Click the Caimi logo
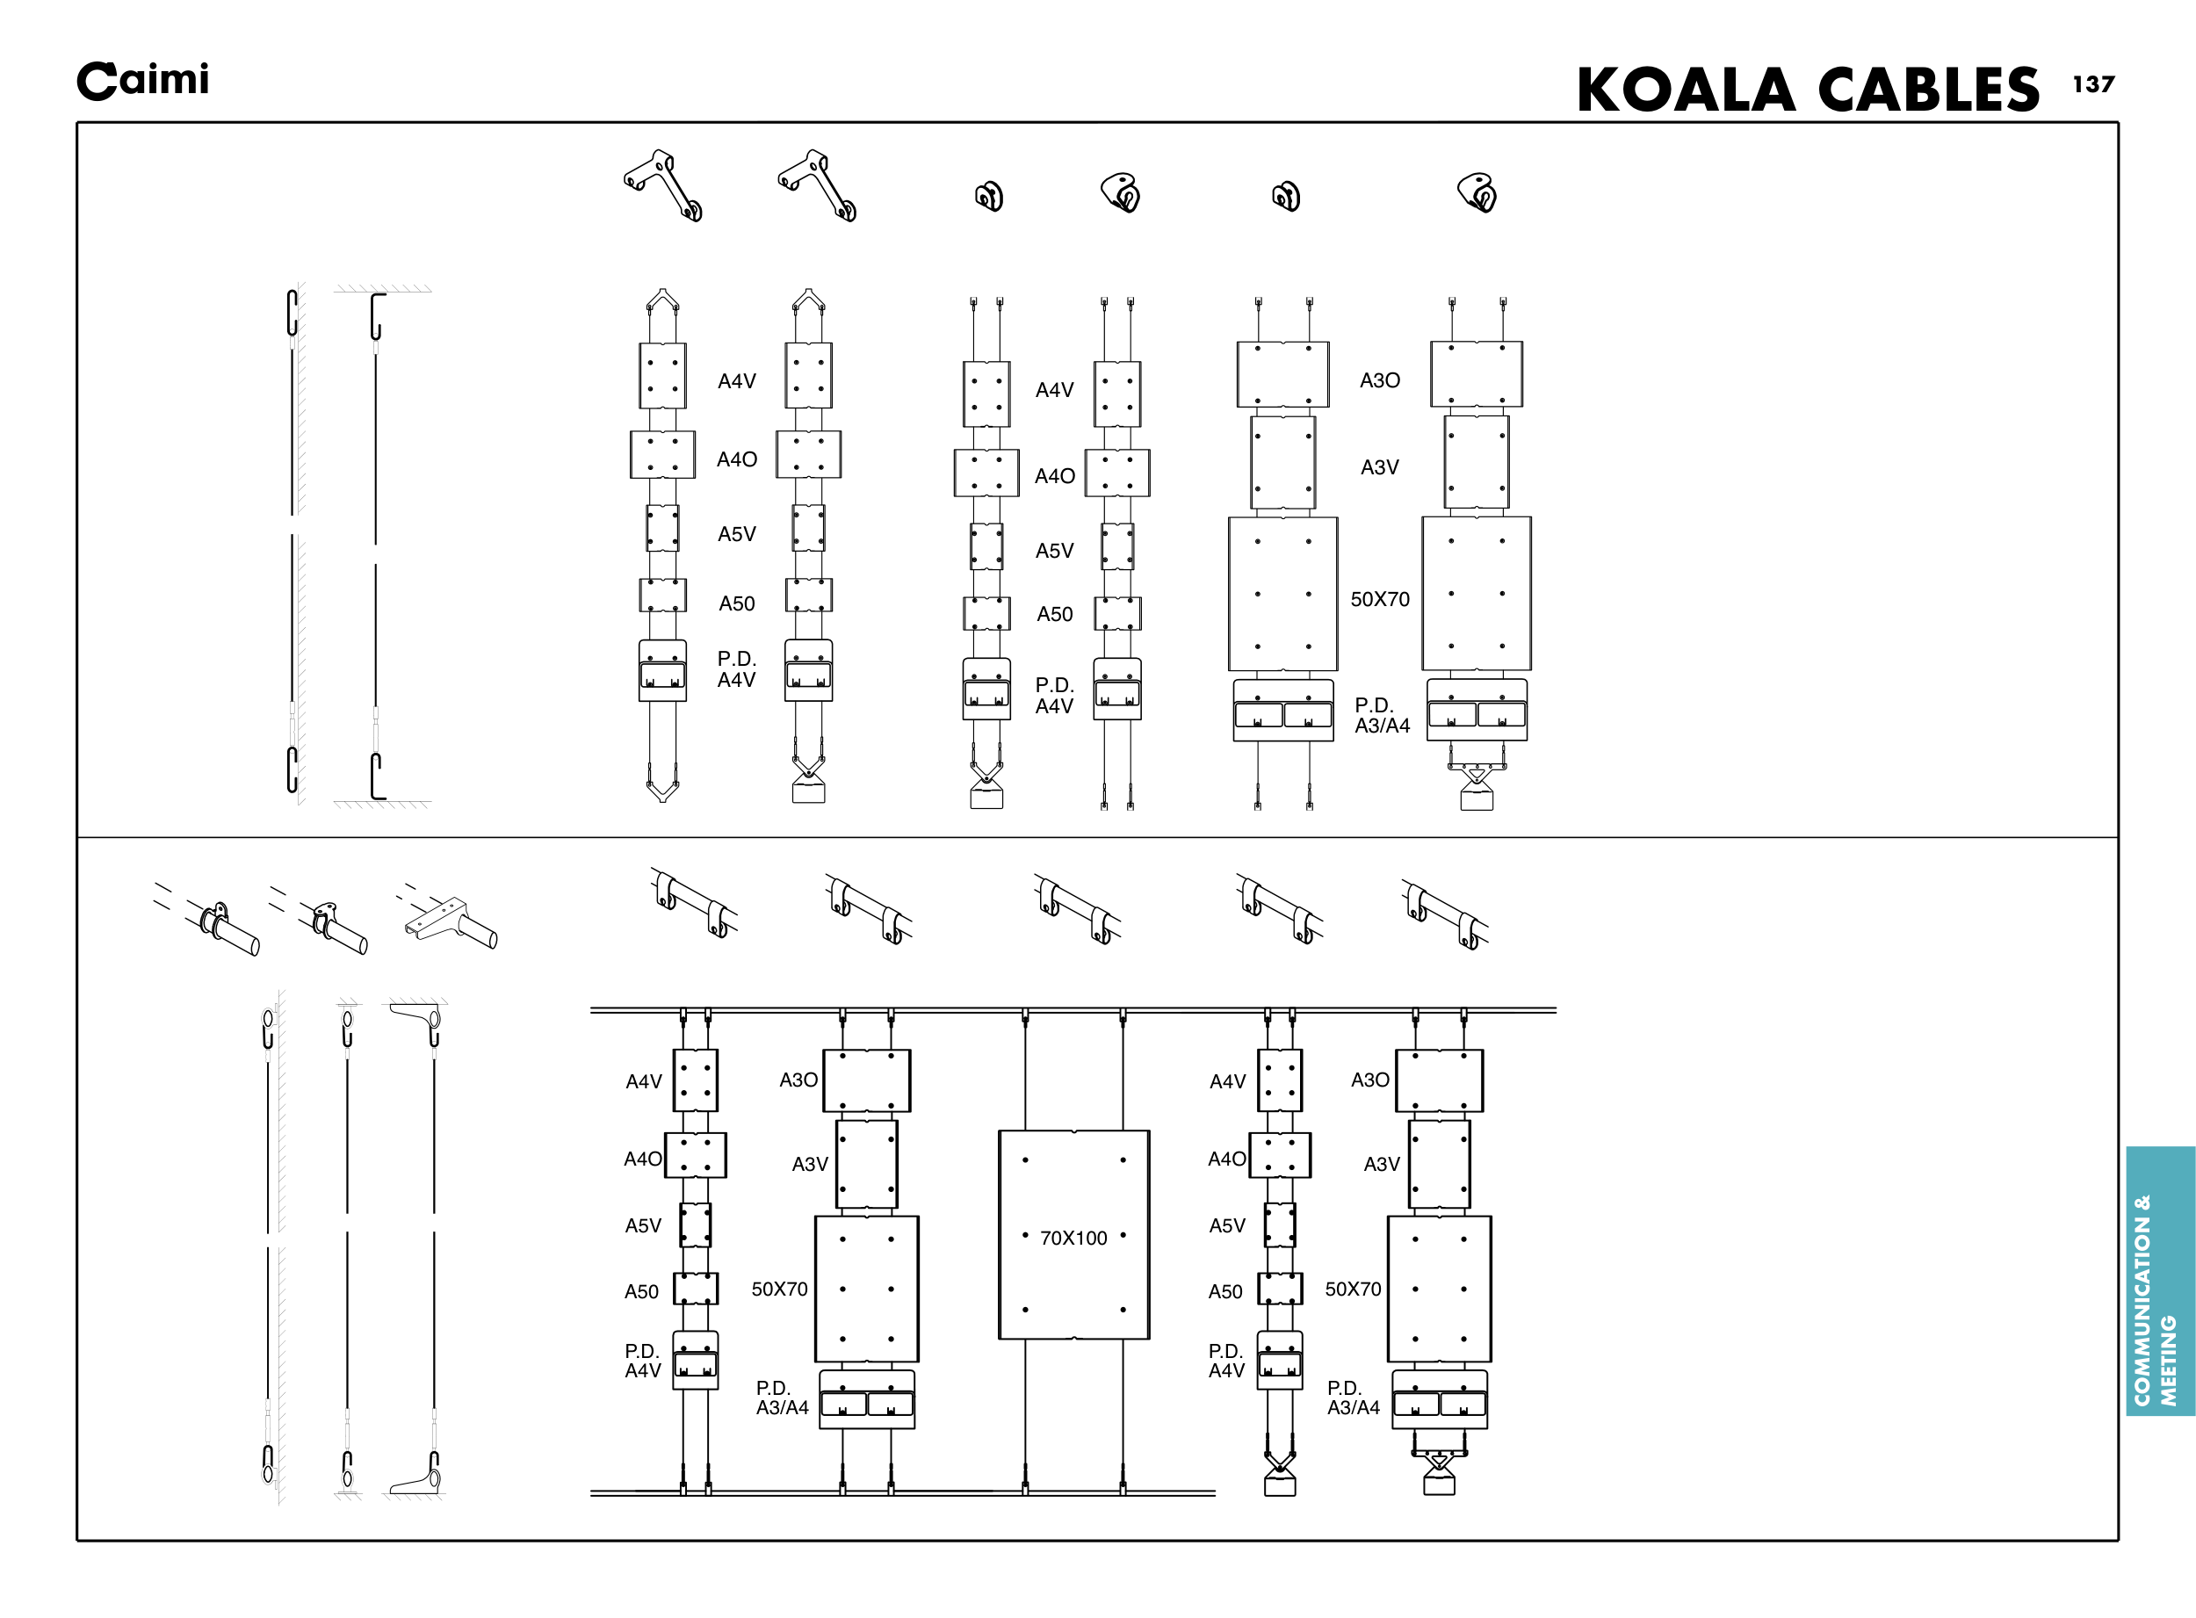click(x=143, y=80)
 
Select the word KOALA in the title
click(x=1686, y=90)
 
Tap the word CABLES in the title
click(x=1929, y=90)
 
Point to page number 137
click(x=2093, y=84)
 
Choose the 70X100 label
click(x=1073, y=1238)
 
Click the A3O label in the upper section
click(x=1379, y=380)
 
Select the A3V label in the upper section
click(x=1379, y=467)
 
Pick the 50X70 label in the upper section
click(x=1380, y=598)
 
